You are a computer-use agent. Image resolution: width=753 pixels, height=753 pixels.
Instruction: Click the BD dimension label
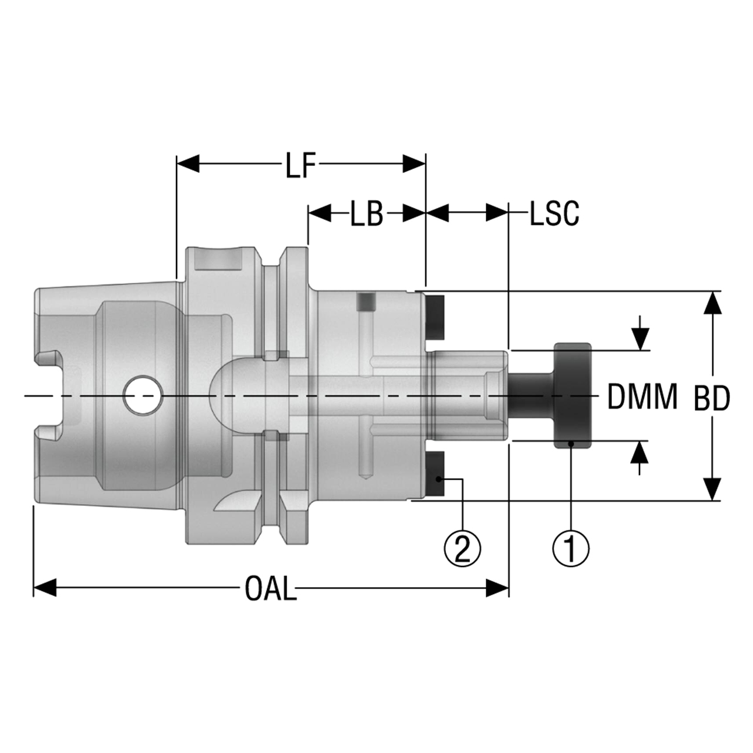click(x=712, y=398)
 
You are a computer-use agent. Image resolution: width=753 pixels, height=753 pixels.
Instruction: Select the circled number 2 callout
click(x=462, y=548)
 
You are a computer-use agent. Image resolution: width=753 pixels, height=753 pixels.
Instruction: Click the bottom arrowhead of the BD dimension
click(x=712, y=489)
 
